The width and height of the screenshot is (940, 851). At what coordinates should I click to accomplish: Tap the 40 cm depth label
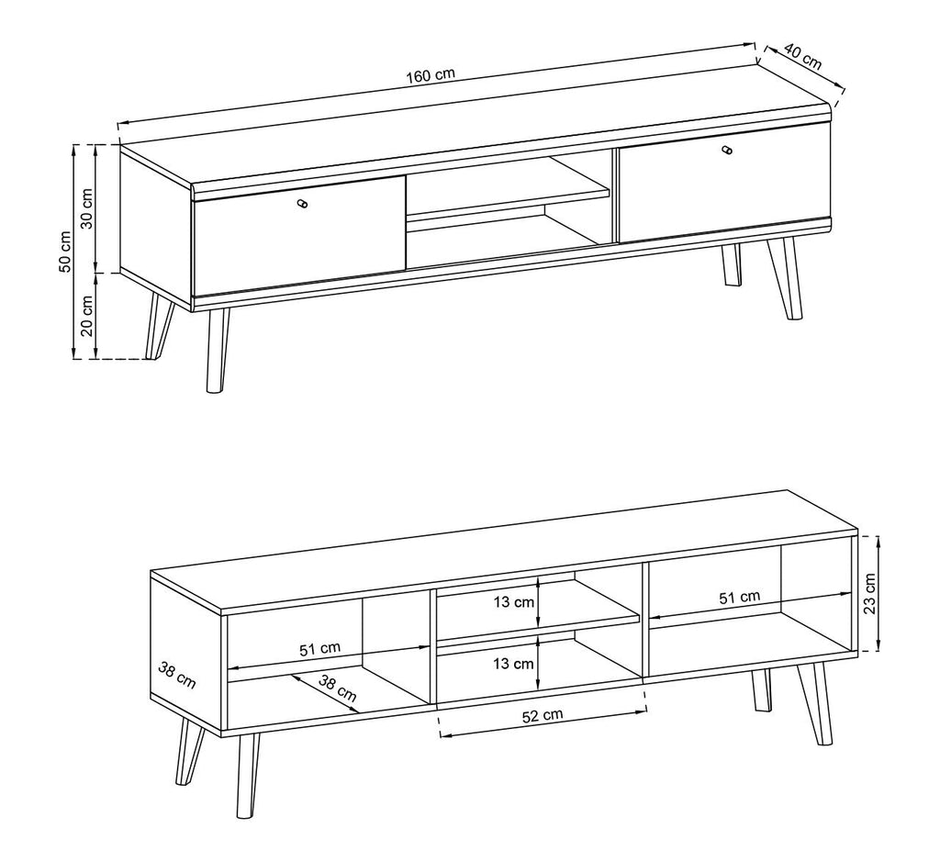pos(798,60)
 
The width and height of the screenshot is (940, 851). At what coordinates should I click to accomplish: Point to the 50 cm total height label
pos(65,252)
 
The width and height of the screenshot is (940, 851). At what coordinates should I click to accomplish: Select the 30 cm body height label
pos(87,210)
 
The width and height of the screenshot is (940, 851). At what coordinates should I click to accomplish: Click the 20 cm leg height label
pos(87,317)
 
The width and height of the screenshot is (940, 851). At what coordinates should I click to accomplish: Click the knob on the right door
pos(727,151)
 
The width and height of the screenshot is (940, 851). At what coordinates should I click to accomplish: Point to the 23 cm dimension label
pos(870,592)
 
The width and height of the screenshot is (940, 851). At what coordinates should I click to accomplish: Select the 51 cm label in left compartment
pos(319,648)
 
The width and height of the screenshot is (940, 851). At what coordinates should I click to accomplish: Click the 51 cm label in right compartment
pos(739,597)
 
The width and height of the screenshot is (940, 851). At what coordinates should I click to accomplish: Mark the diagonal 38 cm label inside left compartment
pos(338,688)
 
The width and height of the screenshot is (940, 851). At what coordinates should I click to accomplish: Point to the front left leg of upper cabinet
pos(217,351)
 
